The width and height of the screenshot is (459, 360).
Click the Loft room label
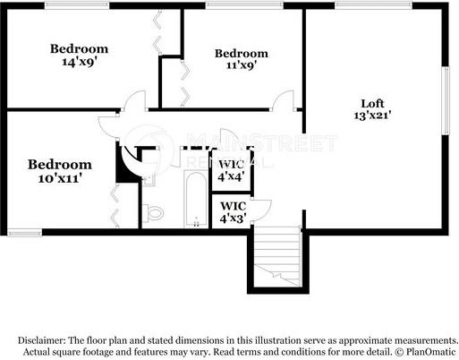374,102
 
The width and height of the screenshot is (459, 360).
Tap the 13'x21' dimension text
374,115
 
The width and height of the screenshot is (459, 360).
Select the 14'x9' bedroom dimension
79,62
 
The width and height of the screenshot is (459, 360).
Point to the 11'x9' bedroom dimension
241,66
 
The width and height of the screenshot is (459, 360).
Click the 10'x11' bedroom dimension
59,178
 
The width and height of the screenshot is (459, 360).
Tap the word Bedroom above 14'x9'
79,48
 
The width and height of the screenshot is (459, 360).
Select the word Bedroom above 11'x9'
241,54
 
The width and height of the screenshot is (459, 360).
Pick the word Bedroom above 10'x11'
59,165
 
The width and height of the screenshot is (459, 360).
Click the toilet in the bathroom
154,213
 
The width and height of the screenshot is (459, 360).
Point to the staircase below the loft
276,257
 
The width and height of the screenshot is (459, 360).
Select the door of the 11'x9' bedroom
285,101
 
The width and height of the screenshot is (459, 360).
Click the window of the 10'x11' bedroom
25,233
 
